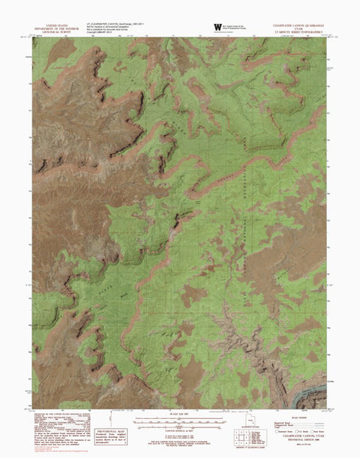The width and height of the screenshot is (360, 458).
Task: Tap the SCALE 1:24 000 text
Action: (181, 413)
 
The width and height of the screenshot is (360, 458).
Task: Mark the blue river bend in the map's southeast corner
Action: (315, 390)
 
